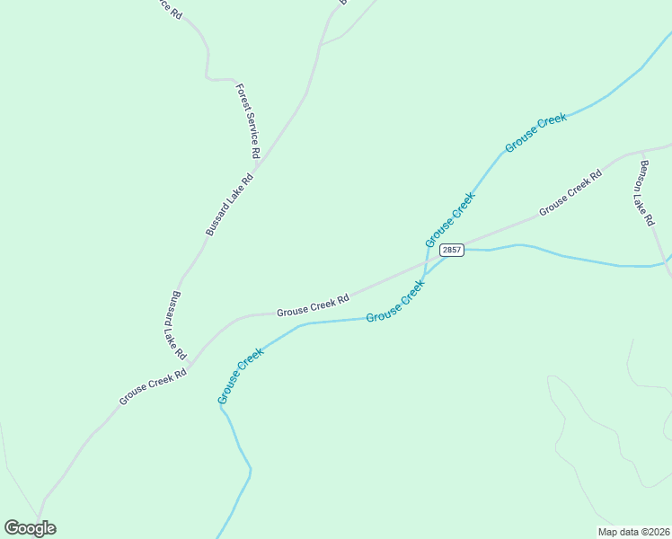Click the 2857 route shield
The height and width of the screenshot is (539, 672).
[452, 250]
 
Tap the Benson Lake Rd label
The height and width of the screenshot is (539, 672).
[645, 192]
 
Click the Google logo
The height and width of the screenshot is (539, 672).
[30, 528]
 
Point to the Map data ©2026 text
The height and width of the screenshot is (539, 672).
[632, 532]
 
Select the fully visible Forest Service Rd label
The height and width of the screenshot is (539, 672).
[248, 116]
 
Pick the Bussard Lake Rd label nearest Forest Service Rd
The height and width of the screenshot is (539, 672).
[230, 205]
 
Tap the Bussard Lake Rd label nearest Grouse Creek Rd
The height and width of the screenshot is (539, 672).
[175, 324]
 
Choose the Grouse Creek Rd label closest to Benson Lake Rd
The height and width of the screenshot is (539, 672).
[570, 194]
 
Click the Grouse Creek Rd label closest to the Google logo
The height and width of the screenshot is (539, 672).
[153, 386]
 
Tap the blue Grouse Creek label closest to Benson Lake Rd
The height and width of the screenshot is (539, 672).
[535, 133]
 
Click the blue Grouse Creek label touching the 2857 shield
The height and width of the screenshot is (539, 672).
[449, 221]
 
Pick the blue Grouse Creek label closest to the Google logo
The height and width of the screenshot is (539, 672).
[240, 375]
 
